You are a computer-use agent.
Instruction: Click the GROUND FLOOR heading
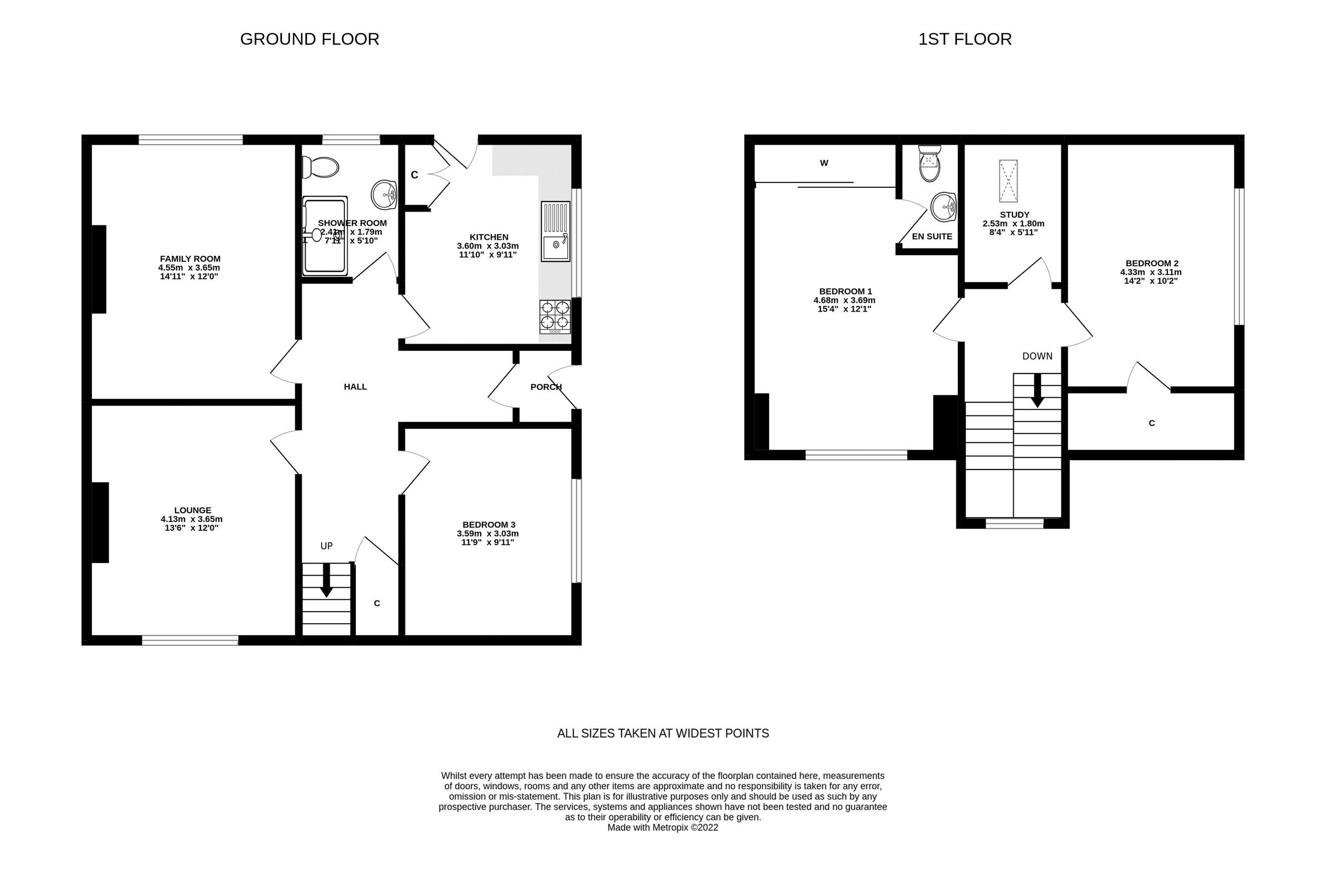point(309,39)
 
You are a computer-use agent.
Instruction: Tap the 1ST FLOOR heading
point(964,39)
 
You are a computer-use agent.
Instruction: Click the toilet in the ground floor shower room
point(320,167)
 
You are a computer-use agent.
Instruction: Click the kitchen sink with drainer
point(555,231)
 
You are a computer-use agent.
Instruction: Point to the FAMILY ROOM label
point(190,259)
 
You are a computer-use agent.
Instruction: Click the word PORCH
point(545,387)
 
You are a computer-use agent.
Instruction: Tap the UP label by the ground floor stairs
point(327,546)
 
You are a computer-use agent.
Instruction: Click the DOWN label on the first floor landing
point(1037,356)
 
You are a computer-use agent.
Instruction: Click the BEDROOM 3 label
point(488,525)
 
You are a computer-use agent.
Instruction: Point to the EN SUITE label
point(932,236)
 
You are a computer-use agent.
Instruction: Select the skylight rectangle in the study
point(1008,181)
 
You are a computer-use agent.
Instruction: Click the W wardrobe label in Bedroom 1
point(824,163)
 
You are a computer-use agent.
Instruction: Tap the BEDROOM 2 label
point(1151,263)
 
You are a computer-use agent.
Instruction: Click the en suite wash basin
point(944,207)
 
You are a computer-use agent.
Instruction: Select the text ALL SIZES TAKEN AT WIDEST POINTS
point(662,733)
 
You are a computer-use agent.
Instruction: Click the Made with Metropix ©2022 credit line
point(662,827)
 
